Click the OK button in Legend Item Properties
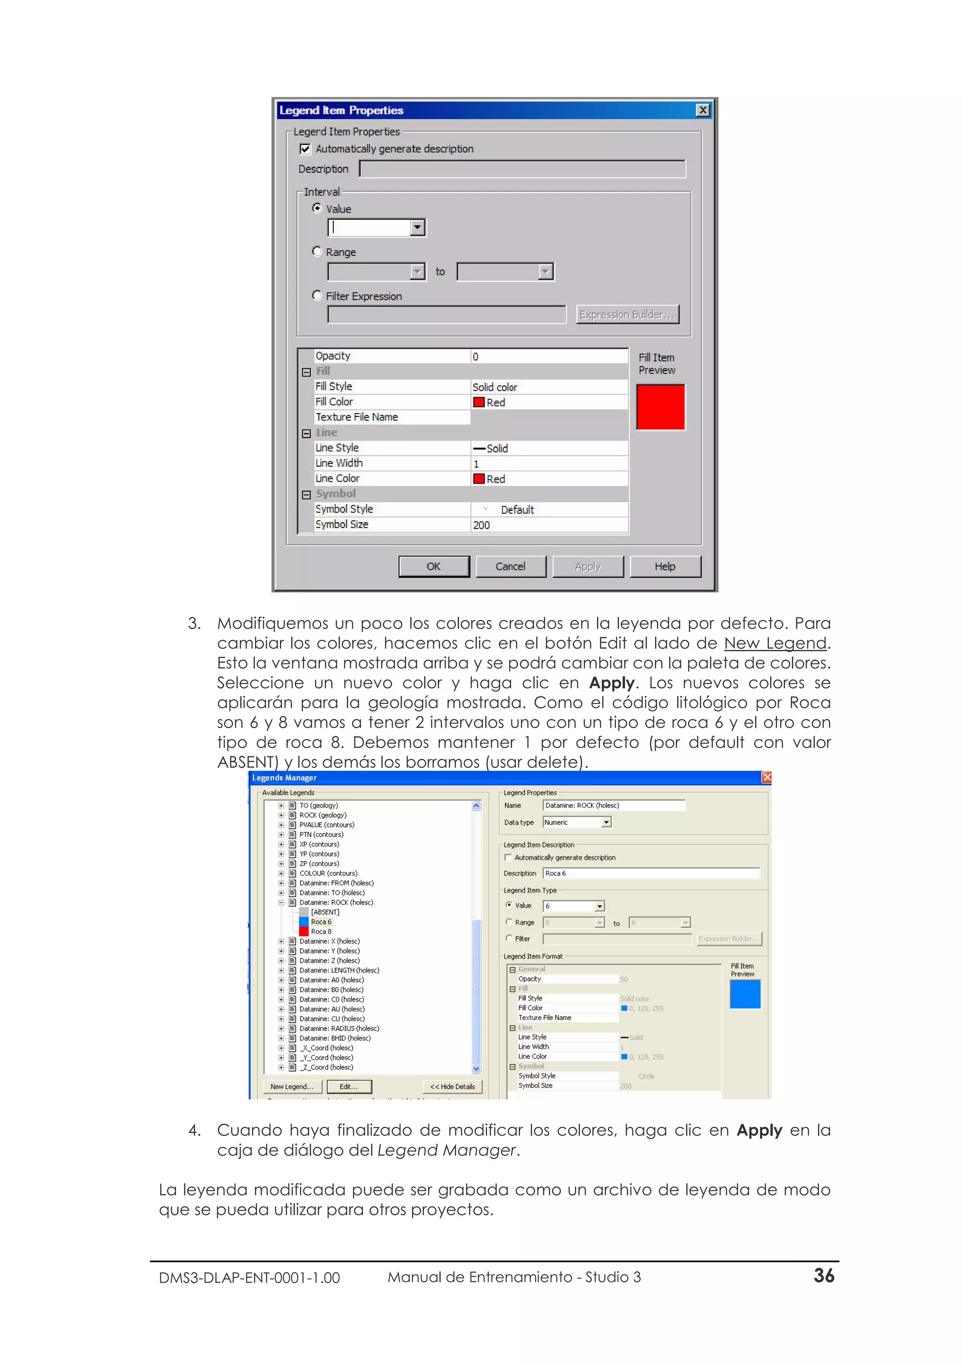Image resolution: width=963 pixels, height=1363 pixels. [x=434, y=566]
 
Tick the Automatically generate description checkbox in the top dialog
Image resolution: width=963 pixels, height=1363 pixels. [x=305, y=149]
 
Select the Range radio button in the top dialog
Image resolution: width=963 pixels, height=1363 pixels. [x=317, y=252]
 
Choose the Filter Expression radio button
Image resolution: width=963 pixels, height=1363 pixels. [x=317, y=295]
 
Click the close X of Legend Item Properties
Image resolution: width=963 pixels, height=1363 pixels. [x=703, y=111]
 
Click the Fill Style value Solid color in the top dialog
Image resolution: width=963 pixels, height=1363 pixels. [x=495, y=387]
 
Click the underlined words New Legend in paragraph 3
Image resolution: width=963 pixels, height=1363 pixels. [x=774, y=643]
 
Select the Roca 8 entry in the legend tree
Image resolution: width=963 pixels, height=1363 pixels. [x=321, y=932]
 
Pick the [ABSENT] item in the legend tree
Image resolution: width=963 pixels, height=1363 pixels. [x=325, y=912]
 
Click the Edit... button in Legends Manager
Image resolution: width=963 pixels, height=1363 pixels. [x=348, y=1086]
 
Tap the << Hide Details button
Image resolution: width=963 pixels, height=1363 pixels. [x=452, y=1086]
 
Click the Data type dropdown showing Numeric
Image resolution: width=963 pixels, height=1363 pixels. [x=576, y=822]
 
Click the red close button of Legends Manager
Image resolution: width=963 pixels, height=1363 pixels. [x=766, y=778]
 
